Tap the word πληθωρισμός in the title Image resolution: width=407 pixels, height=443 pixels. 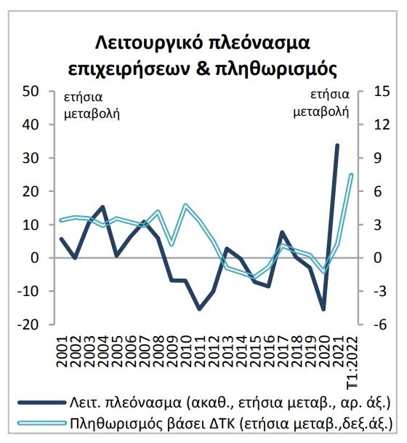pyautogui.click(x=276, y=68)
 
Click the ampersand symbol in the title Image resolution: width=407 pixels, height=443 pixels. pyautogui.click(x=202, y=68)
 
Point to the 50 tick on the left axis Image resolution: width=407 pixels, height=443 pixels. pyautogui.click(x=31, y=92)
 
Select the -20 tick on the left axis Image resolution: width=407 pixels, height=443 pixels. pyautogui.click(x=28, y=324)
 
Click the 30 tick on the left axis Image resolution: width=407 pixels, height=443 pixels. pyautogui.click(x=31, y=159)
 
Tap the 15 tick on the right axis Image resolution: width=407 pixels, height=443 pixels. pyautogui.click(x=382, y=92)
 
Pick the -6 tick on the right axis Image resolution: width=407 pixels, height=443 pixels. pyautogui.click(x=379, y=324)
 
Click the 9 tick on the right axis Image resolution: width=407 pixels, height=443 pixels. pyautogui.click(x=377, y=159)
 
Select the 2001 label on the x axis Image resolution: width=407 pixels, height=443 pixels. pyautogui.click(x=62, y=351)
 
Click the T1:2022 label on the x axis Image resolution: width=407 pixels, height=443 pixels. pyautogui.click(x=352, y=363)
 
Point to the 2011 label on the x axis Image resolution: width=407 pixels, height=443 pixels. pyautogui.click(x=200, y=351)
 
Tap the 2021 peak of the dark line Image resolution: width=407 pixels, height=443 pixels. pyautogui.click(x=337, y=145)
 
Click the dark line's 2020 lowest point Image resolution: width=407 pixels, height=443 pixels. pyautogui.click(x=323, y=309)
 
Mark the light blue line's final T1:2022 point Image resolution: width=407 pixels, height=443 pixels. pyautogui.click(x=351, y=175)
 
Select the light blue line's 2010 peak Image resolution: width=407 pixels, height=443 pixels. pyautogui.click(x=185, y=205)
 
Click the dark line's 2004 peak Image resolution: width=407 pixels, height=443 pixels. pyautogui.click(x=102, y=207)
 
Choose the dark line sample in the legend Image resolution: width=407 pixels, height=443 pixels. pyautogui.click(x=41, y=402)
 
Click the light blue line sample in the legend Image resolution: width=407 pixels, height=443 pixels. pyautogui.click(x=41, y=423)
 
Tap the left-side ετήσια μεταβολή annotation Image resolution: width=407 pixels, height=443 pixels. pyautogui.click(x=92, y=105)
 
